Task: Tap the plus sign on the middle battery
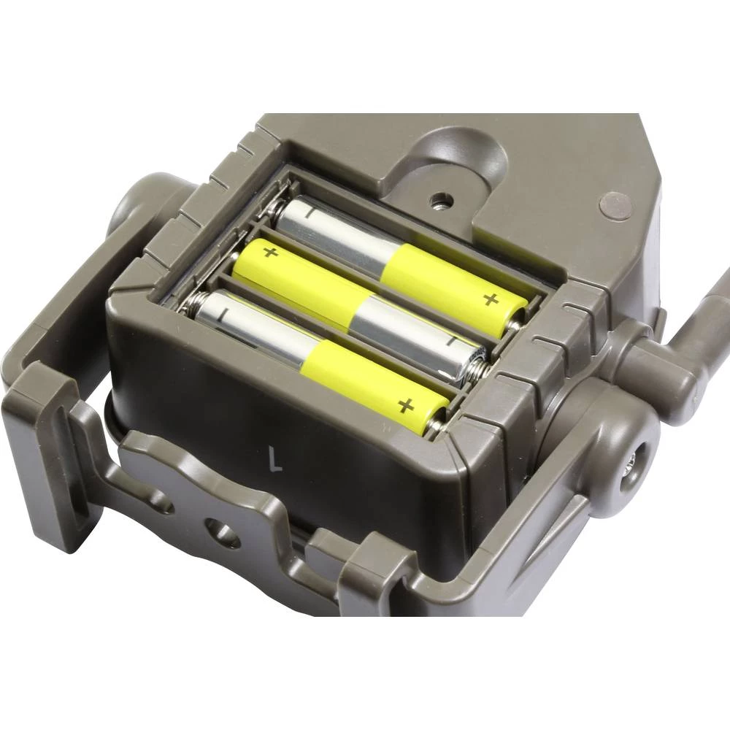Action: click(x=270, y=253)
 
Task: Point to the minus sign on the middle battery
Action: click(x=453, y=341)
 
